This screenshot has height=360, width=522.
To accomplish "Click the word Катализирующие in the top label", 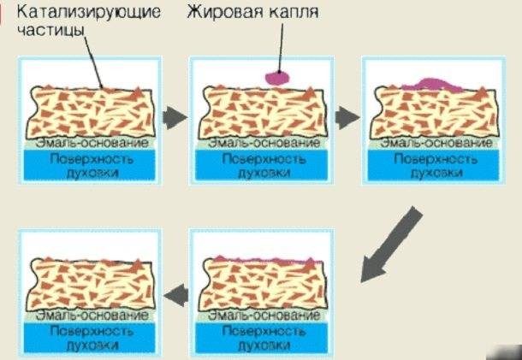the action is (89, 12).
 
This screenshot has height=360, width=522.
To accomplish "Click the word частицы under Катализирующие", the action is (50, 30).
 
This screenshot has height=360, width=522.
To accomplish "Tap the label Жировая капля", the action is (252, 13).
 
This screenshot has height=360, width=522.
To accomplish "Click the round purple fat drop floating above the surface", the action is (277, 79).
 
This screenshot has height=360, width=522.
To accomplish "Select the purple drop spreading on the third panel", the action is (432, 85).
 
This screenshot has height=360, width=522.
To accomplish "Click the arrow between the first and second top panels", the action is (175, 118).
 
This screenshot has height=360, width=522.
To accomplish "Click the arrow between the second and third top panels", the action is (347, 118).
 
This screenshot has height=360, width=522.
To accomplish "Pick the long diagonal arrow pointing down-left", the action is (392, 245).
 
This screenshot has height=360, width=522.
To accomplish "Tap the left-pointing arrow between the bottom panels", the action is (175, 295).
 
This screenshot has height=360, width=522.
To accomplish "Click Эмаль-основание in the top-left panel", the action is (92, 143).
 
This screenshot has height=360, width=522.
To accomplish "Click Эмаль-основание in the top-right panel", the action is (436, 143).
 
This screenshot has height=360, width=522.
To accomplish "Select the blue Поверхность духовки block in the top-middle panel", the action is (261, 165).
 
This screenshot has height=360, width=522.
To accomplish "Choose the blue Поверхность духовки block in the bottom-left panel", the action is (89, 337).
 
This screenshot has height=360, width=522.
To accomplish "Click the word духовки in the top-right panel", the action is (436, 173).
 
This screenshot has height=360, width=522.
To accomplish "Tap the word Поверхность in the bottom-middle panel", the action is (264, 331).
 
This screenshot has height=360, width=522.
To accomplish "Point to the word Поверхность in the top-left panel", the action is (92, 159).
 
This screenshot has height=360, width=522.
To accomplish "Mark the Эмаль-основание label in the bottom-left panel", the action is (92, 315).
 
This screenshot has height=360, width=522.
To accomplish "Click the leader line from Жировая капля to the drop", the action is (281, 48).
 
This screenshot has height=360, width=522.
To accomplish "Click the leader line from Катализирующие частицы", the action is (93, 62).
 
